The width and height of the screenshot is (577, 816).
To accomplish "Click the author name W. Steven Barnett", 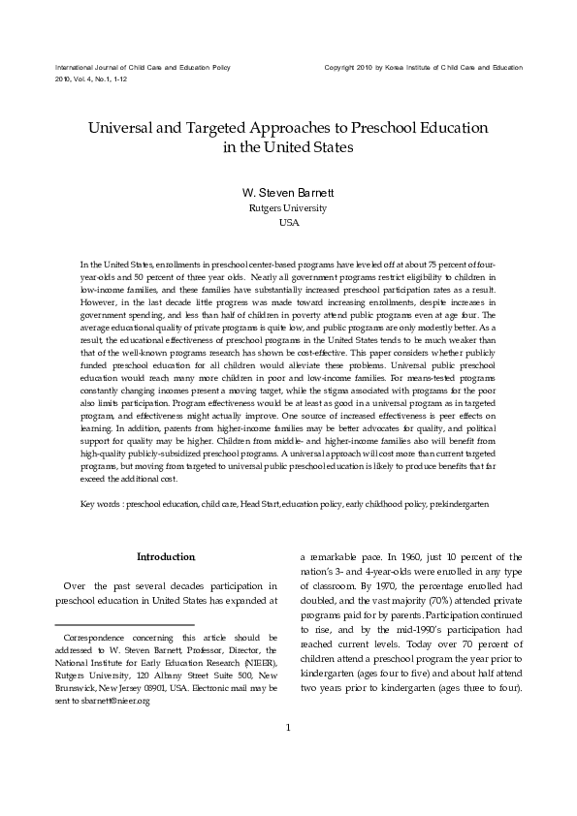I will pos(288,192).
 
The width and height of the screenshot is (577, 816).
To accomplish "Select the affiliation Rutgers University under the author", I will pos(288,207).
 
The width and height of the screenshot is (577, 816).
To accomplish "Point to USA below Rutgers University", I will pos(288,222).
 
